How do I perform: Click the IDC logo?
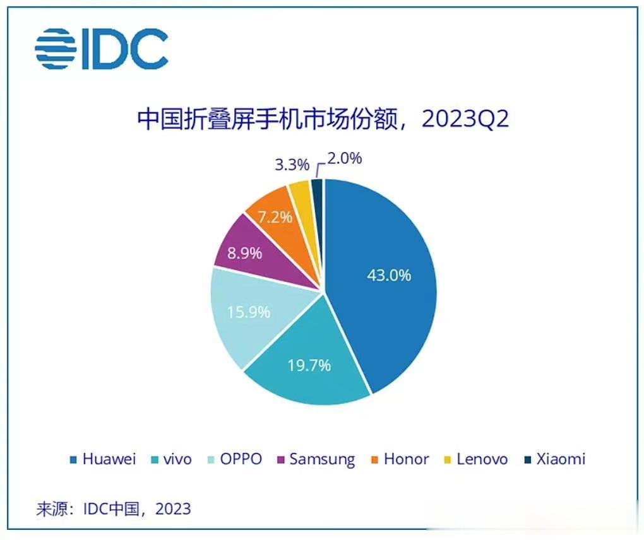(x=101, y=49)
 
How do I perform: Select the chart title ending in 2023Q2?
(x=323, y=119)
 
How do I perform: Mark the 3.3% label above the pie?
(x=292, y=165)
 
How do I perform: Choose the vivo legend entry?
(x=172, y=459)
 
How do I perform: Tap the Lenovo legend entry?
(x=474, y=459)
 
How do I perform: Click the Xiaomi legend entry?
(x=554, y=459)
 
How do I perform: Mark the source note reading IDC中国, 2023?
(x=113, y=508)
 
